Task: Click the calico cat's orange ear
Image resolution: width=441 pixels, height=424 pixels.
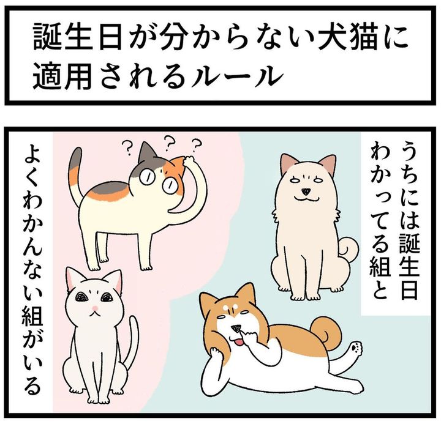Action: click(176, 165)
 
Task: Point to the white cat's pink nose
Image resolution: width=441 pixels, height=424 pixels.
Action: click(95, 308)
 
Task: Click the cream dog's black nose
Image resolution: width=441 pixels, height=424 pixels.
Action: click(306, 192)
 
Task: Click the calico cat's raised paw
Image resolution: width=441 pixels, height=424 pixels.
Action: click(189, 161)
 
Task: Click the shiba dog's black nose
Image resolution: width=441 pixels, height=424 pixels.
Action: click(235, 327)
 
